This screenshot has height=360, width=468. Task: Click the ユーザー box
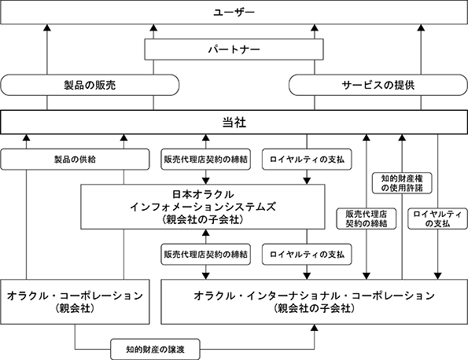coord(234,13)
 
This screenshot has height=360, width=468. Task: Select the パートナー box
coord(234,50)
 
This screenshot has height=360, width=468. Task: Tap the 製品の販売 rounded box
coord(90,85)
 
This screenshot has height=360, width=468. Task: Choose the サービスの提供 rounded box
coord(378,85)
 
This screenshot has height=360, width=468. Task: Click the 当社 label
coord(234,123)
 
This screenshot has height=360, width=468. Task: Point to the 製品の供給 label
coord(75,160)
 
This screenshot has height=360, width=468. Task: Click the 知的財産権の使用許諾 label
coord(402,183)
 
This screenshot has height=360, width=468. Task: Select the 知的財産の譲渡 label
coord(155,349)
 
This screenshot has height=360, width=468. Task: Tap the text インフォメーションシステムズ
coord(203,207)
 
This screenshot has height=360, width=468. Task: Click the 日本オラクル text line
coord(203,194)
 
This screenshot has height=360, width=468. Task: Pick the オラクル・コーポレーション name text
coord(75,296)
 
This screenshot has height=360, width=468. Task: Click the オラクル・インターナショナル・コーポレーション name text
coord(315,296)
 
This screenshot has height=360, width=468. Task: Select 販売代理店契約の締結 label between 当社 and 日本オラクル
coord(205,160)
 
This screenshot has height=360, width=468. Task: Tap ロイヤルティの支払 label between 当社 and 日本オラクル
coord(307,160)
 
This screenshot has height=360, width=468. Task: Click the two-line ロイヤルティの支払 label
coord(437,219)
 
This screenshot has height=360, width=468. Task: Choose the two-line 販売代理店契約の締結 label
coord(367,219)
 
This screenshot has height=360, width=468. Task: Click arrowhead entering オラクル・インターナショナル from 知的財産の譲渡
coord(315,328)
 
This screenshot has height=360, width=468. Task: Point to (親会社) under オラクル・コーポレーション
coord(75,308)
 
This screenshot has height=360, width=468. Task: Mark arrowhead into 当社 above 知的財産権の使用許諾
coord(402,138)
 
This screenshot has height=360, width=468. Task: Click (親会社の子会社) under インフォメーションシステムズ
coord(203,219)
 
